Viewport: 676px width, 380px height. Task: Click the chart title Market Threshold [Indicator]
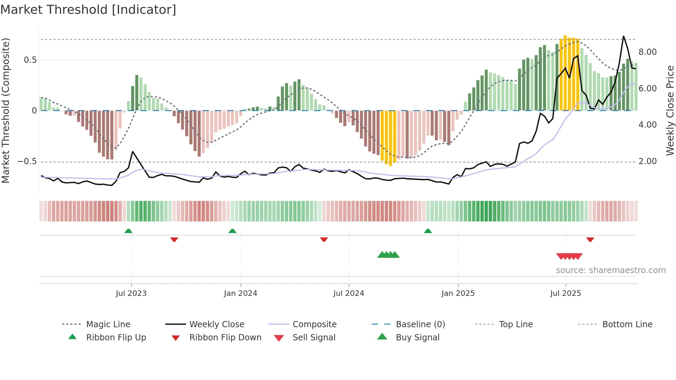coord(88,10)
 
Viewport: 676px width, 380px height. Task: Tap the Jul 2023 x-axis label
coord(131,293)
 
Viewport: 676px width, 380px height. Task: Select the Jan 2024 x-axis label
coord(240,293)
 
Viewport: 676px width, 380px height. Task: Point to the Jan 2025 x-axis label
coord(458,293)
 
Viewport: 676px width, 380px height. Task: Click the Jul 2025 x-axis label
coord(566,293)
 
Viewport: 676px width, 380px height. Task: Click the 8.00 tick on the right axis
coord(647,52)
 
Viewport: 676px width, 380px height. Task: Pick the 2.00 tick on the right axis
coord(647,161)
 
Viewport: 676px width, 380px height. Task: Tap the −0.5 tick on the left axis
coord(27,161)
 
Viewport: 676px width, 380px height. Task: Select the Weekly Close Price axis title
coord(670,110)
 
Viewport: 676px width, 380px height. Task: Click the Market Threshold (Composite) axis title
coord(6,110)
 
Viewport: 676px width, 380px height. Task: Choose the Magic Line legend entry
coord(108,324)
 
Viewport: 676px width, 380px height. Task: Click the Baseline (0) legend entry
coord(420,324)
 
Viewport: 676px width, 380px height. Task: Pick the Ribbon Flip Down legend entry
coord(225,337)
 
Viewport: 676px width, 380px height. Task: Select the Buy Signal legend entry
coord(417,337)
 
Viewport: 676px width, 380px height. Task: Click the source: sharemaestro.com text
coord(610,270)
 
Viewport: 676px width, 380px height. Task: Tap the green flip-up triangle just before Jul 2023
coord(128,231)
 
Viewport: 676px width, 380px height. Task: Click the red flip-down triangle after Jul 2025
coord(590,239)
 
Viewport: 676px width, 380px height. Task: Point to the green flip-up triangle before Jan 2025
coord(428,231)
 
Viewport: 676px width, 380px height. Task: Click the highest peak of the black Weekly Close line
coord(623,36)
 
